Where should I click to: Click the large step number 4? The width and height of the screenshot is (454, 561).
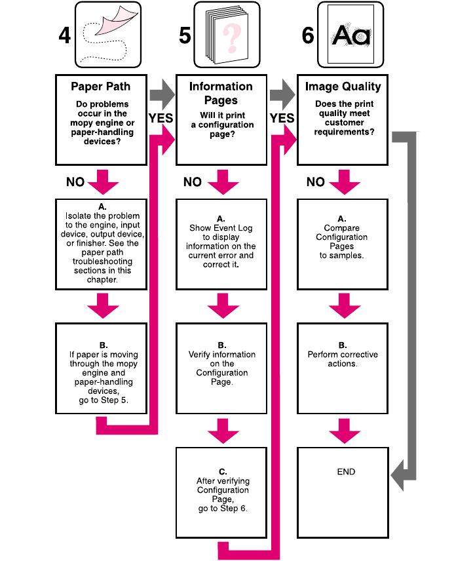click(64, 35)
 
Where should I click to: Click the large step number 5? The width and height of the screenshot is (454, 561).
click(185, 35)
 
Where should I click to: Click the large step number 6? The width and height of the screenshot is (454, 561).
click(307, 35)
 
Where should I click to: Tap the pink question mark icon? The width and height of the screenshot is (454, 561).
click(230, 38)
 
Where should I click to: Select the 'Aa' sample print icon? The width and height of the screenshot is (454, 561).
click(350, 35)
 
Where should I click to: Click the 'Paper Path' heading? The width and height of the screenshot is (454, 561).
click(101, 87)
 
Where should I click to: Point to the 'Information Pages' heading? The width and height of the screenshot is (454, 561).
click(221, 92)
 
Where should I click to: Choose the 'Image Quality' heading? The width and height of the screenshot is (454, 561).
click(343, 87)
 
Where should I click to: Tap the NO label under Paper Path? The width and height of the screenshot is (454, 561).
click(75, 182)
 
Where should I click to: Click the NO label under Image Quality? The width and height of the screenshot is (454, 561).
click(316, 182)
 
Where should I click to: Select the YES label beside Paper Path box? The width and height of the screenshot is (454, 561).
click(161, 118)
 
